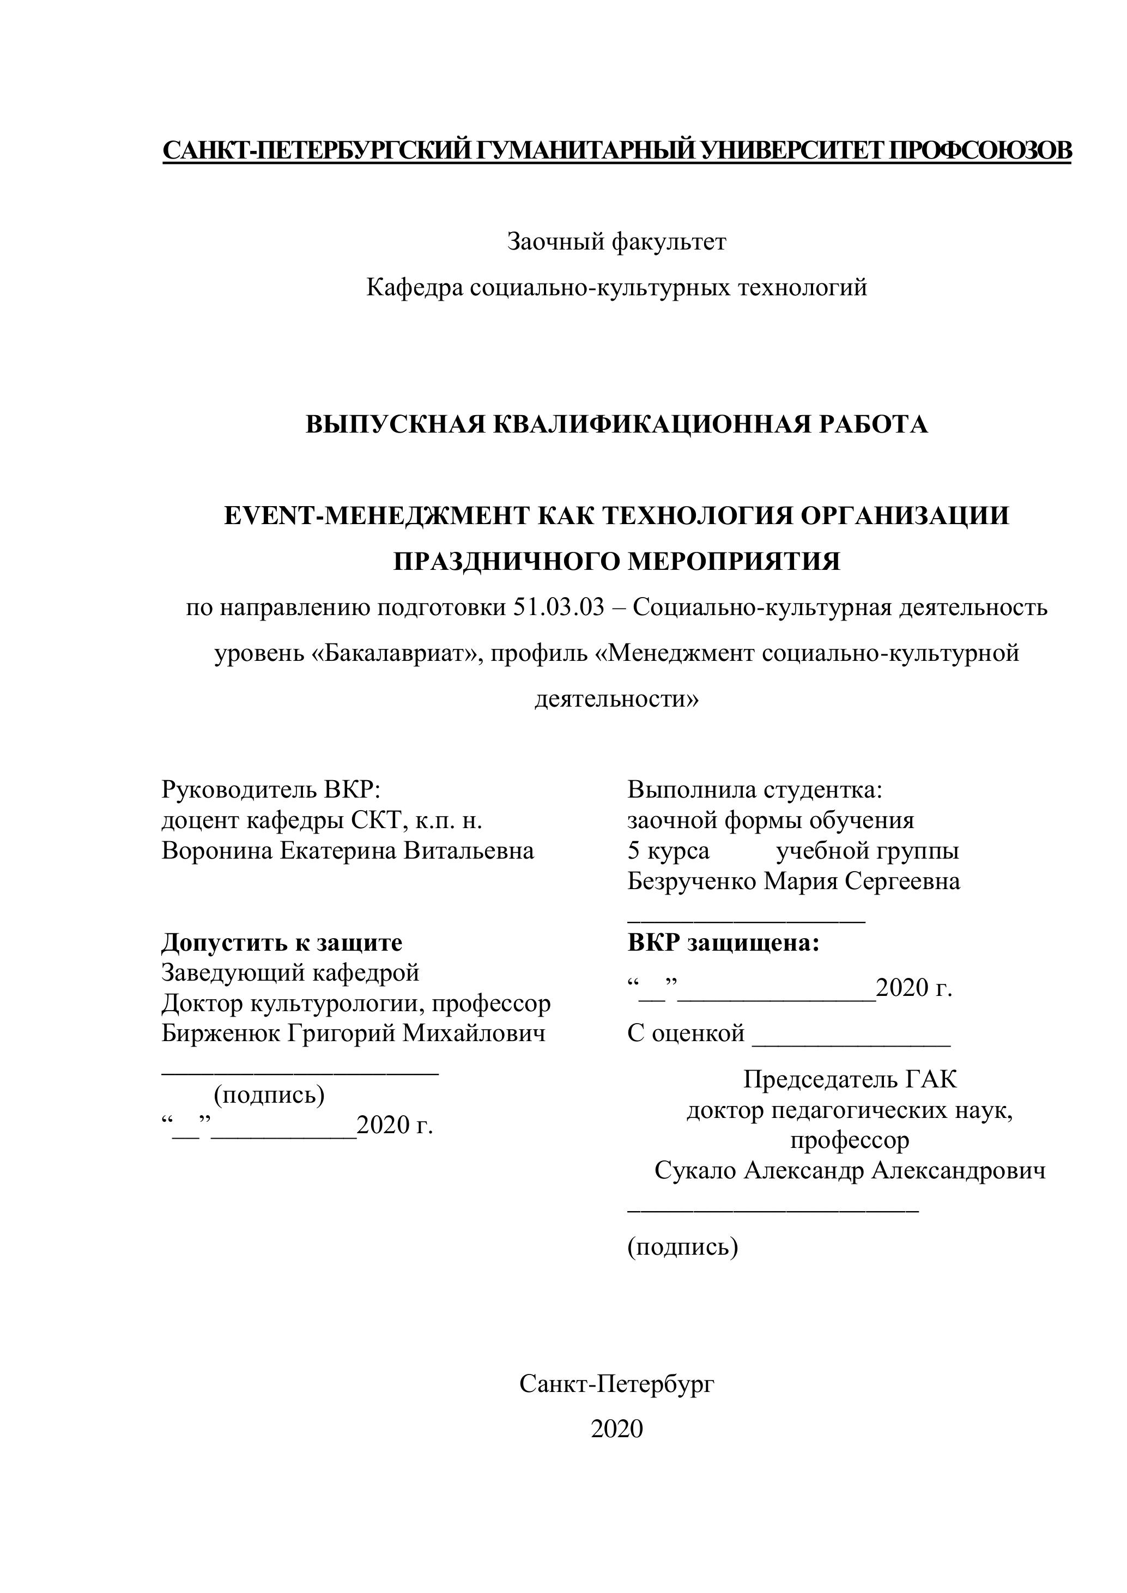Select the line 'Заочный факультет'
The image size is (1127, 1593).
616,241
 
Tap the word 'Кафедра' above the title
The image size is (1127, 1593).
414,287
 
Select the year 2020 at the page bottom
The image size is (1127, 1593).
616,1428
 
